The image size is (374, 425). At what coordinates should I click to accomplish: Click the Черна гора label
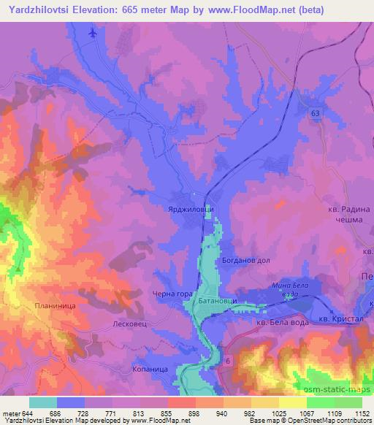pos(173,294)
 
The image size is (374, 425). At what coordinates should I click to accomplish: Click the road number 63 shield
pos(314,114)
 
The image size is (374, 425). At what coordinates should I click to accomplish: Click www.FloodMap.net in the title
pos(232,9)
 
